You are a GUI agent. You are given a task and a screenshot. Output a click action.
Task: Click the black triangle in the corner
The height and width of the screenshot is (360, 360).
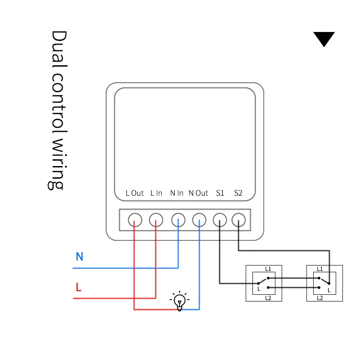(324, 38)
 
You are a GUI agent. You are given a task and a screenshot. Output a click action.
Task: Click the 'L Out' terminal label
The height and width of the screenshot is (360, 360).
(135, 193)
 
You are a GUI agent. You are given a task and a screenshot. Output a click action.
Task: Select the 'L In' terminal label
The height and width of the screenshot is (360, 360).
(156, 193)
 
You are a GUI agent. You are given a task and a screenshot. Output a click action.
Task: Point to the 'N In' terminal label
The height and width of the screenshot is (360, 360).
(177, 193)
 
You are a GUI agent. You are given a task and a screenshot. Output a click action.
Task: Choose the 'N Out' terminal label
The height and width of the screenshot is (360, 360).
(198, 193)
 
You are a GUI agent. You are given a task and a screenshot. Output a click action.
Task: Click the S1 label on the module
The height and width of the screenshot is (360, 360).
(220, 193)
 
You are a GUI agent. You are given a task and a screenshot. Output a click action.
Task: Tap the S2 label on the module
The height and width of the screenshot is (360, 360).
(238, 193)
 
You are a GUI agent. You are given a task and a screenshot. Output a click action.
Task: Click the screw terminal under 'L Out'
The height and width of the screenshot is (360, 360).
(135, 220)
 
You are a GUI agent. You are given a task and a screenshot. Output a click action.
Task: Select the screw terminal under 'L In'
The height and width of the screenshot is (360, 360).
(156, 220)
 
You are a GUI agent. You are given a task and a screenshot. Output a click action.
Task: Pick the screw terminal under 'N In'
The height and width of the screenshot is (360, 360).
(178, 220)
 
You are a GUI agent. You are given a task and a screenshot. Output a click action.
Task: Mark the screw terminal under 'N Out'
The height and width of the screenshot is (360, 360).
(199, 220)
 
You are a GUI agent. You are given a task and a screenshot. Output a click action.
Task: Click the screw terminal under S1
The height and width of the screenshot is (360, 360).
(220, 220)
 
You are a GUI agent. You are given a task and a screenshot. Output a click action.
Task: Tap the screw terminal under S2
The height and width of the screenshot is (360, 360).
(238, 220)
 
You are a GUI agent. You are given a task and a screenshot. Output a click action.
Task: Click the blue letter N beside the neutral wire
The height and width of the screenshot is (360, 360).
(80, 257)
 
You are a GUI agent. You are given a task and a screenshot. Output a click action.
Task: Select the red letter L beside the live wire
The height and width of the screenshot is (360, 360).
(79, 287)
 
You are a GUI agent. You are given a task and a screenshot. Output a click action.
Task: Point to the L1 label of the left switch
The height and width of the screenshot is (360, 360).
(268, 269)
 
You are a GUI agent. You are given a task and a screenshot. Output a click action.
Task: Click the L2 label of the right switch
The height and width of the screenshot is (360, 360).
(320, 298)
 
